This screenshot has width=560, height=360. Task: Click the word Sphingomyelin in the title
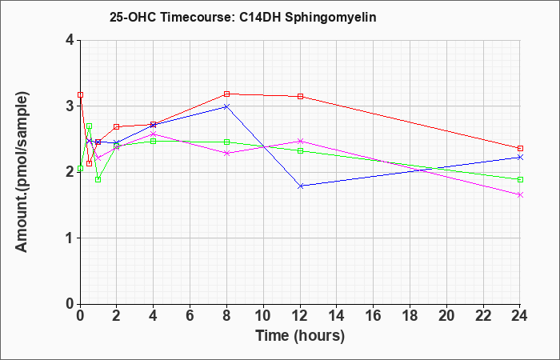[330, 18]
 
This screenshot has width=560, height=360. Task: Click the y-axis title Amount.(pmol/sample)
[22, 172]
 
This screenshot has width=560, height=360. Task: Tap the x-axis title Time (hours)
[300, 336]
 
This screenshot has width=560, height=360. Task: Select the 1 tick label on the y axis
[70, 238]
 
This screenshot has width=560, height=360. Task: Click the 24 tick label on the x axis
[519, 316]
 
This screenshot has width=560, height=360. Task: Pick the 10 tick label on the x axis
[263, 316]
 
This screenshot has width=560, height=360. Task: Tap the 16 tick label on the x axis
[373, 316]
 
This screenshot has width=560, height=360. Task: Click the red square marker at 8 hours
[226, 94]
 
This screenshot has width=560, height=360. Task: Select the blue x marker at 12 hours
[300, 186]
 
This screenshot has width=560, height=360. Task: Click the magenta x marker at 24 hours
[520, 195]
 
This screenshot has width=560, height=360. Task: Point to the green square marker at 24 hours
[520, 180]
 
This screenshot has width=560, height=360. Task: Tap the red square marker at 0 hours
[80, 95]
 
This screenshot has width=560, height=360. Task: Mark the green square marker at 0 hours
[80, 169]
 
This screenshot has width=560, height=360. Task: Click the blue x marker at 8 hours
[226, 106]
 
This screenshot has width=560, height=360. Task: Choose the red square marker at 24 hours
[520, 148]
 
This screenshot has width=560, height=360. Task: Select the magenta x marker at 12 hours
[300, 141]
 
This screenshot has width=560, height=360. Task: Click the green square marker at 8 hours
[226, 142]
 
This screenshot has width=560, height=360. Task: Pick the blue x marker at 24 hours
[520, 157]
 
